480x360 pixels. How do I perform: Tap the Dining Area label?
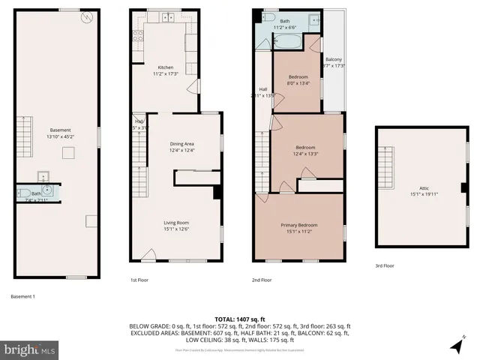[x=181, y=143]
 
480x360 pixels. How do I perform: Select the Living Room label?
[x=177, y=222]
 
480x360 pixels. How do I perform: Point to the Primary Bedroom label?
[x=299, y=225]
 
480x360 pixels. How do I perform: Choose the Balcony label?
[x=334, y=59]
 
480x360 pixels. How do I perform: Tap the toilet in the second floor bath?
[x=315, y=19]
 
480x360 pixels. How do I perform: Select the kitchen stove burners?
[x=137, y=34]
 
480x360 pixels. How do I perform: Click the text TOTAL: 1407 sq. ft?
[x=240, y=319]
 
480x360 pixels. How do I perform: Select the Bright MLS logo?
[x=30, y=349]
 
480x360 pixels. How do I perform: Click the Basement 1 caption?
[x=23, y=296]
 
